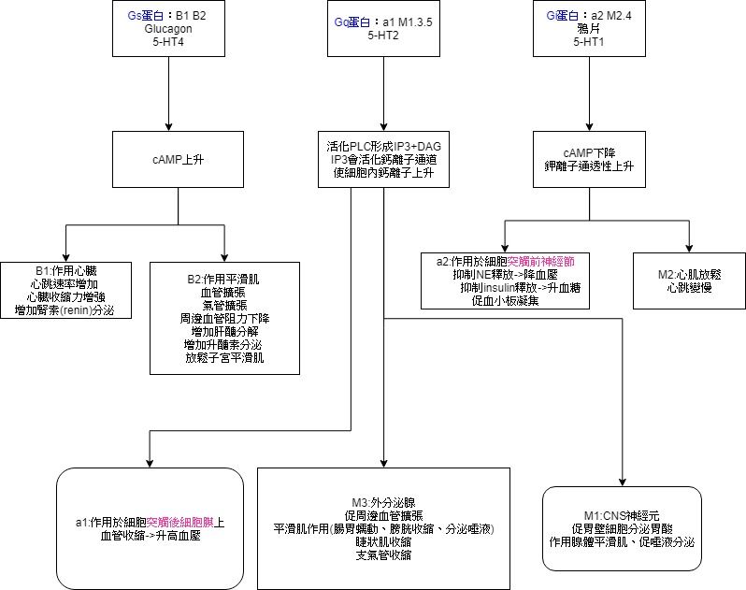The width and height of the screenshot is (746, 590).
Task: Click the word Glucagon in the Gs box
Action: click(167, 28)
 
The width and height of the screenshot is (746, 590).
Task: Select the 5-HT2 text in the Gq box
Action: click(383, 35)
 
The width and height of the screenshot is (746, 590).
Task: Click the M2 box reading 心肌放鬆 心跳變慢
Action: click(688, 281)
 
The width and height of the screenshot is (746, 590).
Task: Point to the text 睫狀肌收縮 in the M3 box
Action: click(383, 542)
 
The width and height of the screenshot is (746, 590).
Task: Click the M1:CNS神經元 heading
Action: click(622, 516)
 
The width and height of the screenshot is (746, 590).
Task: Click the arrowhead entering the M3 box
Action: click(384, 462)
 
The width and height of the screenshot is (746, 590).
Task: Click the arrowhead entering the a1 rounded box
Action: click(150, 462)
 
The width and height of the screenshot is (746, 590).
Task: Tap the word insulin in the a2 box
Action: click(506, 288)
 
